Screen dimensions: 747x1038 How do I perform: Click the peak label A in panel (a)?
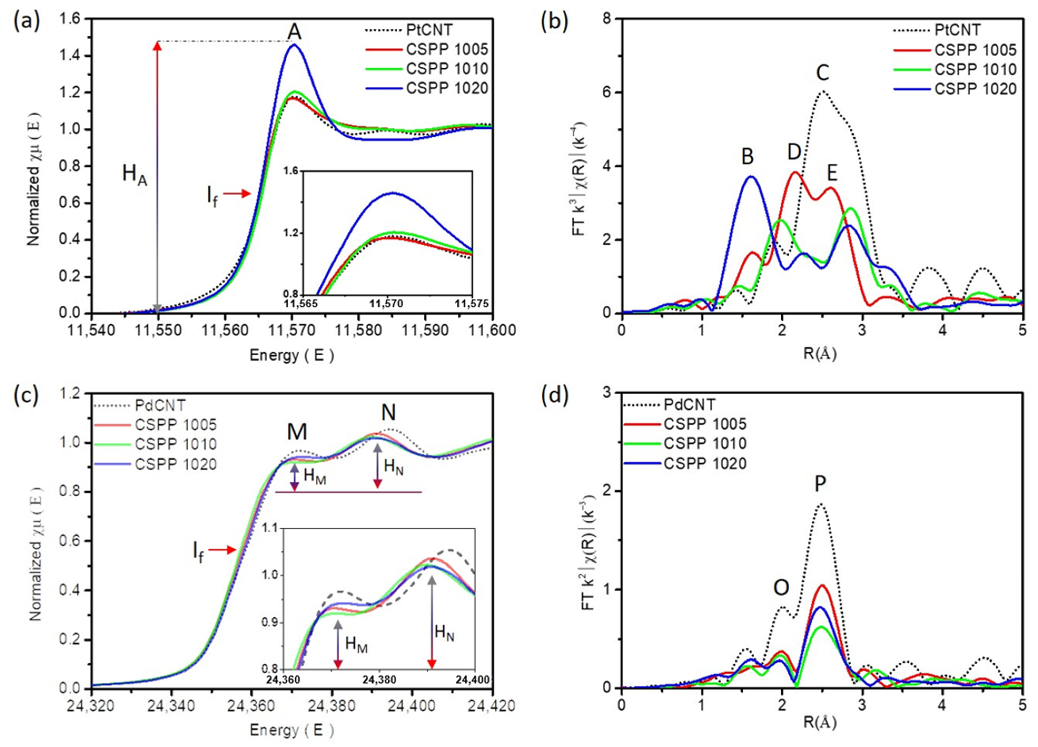[295, 32]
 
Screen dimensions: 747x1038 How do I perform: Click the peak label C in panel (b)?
[822, 73]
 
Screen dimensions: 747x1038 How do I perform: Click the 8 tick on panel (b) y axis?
[609, 19]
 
